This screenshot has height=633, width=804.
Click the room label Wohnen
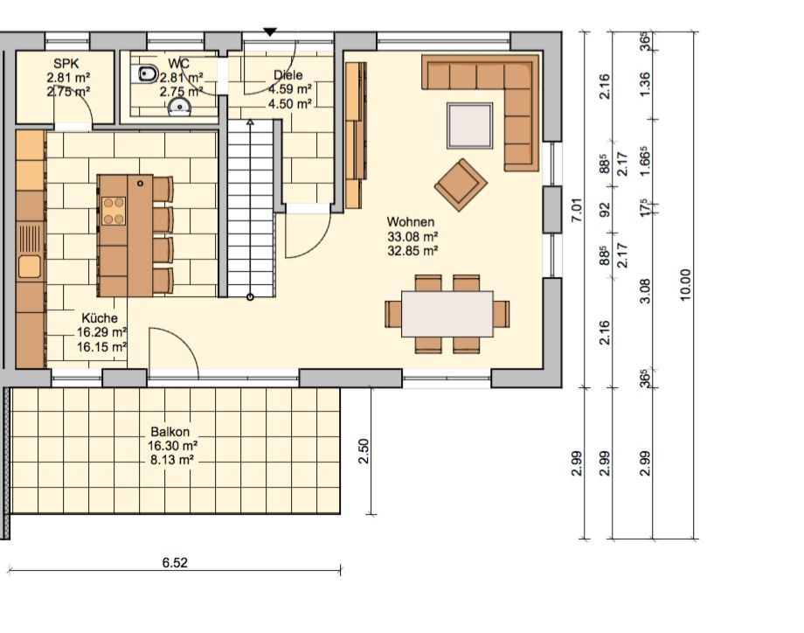tap(410, 222)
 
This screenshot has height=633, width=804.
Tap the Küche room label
tap(100, 318)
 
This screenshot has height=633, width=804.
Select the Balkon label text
tap(170, 432)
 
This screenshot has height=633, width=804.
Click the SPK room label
tap(66, 64)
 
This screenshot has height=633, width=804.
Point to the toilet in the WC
tap(147, 74)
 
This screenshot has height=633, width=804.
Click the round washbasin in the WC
tap(179, 106)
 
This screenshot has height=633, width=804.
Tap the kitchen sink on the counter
tap(29, 267)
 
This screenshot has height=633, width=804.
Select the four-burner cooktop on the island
tap(114, 211)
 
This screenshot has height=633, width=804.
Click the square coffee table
tap(469, 126)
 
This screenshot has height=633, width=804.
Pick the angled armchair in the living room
tap(461, 184)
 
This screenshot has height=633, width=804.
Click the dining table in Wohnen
tap(447, 314)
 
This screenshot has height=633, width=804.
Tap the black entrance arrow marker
tap(270, 32)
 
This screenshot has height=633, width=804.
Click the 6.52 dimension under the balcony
tap(175, 563)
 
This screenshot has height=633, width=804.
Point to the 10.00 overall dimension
tap(685, 285)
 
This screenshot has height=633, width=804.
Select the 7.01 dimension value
tap(576, 210)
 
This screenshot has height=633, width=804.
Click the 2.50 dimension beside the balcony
tap(363, 451)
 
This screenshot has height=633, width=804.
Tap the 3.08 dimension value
tap(645, 291)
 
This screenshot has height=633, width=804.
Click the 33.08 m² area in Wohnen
tap(412, 236)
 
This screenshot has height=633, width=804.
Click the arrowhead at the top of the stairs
tap(250, 122)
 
